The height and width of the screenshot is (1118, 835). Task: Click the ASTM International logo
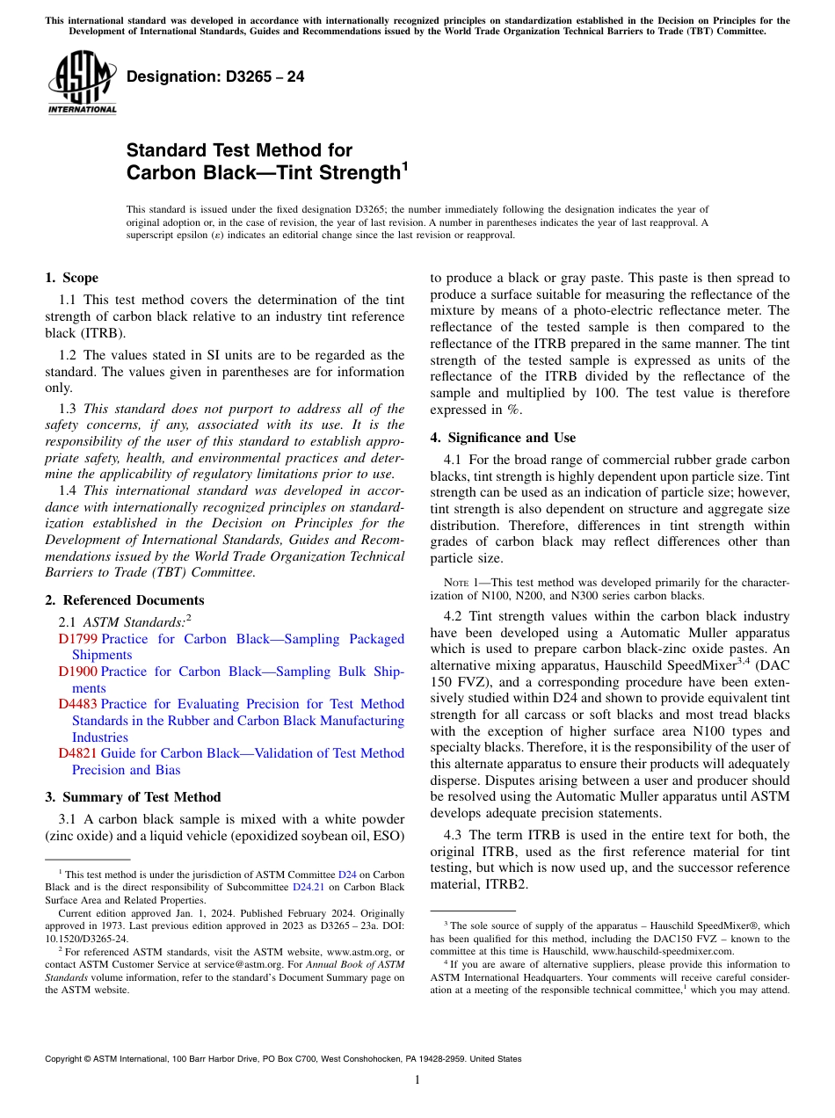[x=82, y=83]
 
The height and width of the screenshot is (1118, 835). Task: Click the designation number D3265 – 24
[x=215, y=76]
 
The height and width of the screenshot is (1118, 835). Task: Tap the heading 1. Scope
[x=71, y=278]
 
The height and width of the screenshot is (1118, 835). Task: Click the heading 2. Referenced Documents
[x=124, y=600]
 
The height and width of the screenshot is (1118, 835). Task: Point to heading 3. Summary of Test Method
[x=132, y=797]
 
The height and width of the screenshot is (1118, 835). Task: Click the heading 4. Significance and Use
[x=503, y=438]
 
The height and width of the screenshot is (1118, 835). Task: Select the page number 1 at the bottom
[x=417, y=1080]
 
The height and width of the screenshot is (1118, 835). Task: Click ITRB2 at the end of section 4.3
[x=510, y=884]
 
